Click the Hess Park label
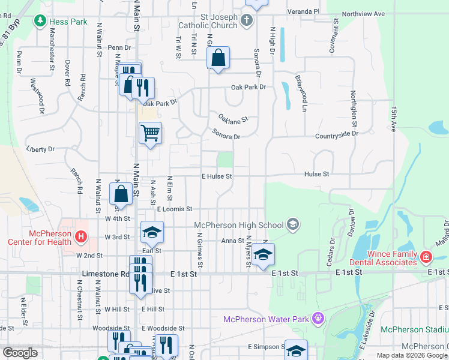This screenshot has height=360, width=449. tap(68, 22)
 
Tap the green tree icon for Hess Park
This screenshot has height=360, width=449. tap(41, 22)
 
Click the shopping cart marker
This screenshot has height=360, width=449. tap(150, 133)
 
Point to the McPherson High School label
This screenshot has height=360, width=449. tap(239, 225)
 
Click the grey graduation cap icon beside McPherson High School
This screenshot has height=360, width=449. tap(292, 225)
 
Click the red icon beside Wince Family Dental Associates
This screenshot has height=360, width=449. tap(426, 257)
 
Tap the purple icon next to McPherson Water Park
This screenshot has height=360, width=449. tap(318, 318)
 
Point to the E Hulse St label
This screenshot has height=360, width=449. tap(216, 176)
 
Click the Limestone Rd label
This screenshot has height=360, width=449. tap(101, 273)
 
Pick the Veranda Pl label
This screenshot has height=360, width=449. tap(304, 11)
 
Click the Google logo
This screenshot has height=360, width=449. tap(20, 353)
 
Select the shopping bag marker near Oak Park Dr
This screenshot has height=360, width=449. tap(218, 58)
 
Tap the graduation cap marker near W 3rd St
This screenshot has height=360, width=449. tap(152, 232)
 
